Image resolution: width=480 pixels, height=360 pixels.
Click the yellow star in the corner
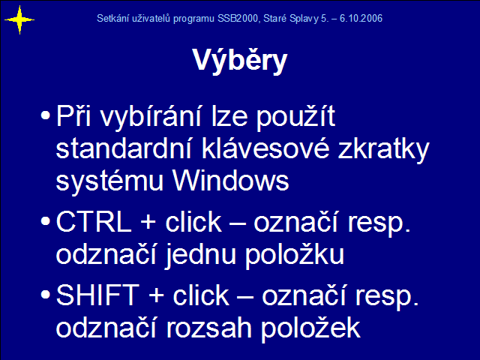click(x=19, y=20)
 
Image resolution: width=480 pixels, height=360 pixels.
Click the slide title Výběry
click(x=240, y=61)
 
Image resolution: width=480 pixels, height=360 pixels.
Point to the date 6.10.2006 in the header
click(x=361, y=18)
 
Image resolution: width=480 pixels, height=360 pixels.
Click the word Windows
click(x=231, y=180)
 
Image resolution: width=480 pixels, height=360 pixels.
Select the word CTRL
click(x=94, y=222)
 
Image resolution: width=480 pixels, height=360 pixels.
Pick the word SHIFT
click(x=97, y=295)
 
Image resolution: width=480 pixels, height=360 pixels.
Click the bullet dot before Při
click(x=45, y=115)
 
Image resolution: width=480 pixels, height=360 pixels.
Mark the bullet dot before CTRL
click(x=45, y=221)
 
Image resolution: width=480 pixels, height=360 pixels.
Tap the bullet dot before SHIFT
click(x=45, y=294)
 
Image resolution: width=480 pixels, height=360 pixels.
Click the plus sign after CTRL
click(x=148, y=223)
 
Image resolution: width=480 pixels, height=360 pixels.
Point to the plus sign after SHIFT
click(x=156, y=296)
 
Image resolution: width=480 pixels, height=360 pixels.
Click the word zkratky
click(x=384, y=149)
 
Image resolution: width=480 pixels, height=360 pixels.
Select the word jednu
click(x=200, y=255)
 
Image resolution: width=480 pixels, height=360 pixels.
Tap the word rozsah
click(x=208, y=328)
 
